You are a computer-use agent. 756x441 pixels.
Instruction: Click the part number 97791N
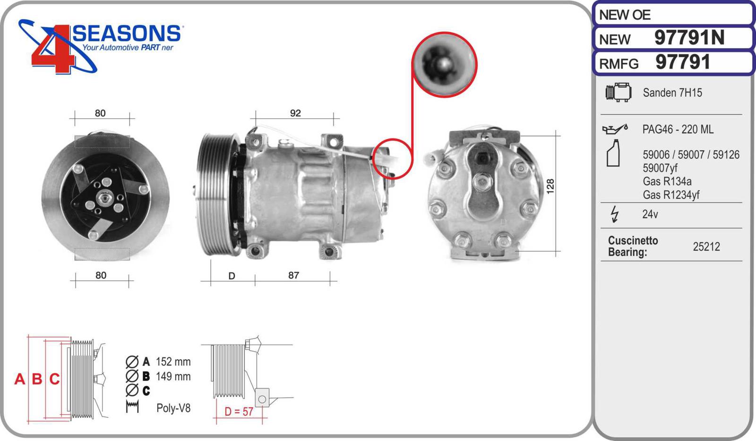click(689, 37)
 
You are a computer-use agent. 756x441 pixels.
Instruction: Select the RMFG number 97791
click(683, 62)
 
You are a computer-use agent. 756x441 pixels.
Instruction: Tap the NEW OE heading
click(624, 15)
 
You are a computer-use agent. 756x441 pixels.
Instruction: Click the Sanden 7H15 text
click(672, 93)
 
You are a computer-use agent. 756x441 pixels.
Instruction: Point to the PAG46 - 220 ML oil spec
click(678, 129)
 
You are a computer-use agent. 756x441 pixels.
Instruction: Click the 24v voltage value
click(650, 214)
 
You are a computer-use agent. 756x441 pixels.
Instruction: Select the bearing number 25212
click(706, 246)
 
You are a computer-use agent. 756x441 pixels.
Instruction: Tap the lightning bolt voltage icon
click(615, 214)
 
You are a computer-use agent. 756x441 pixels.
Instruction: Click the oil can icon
click(615, 129)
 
